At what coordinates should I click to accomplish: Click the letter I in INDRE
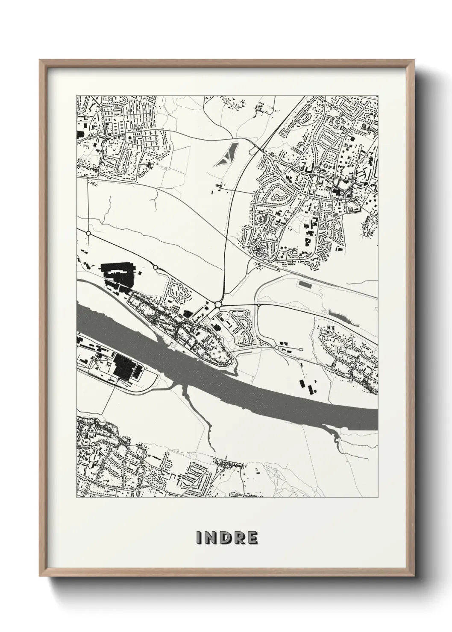[199, 538]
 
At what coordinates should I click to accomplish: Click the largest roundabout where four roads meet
[218, 304]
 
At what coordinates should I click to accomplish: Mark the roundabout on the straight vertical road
[88, 233]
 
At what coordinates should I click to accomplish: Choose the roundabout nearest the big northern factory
[156, 268]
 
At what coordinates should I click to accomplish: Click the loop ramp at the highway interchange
[252, 150]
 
